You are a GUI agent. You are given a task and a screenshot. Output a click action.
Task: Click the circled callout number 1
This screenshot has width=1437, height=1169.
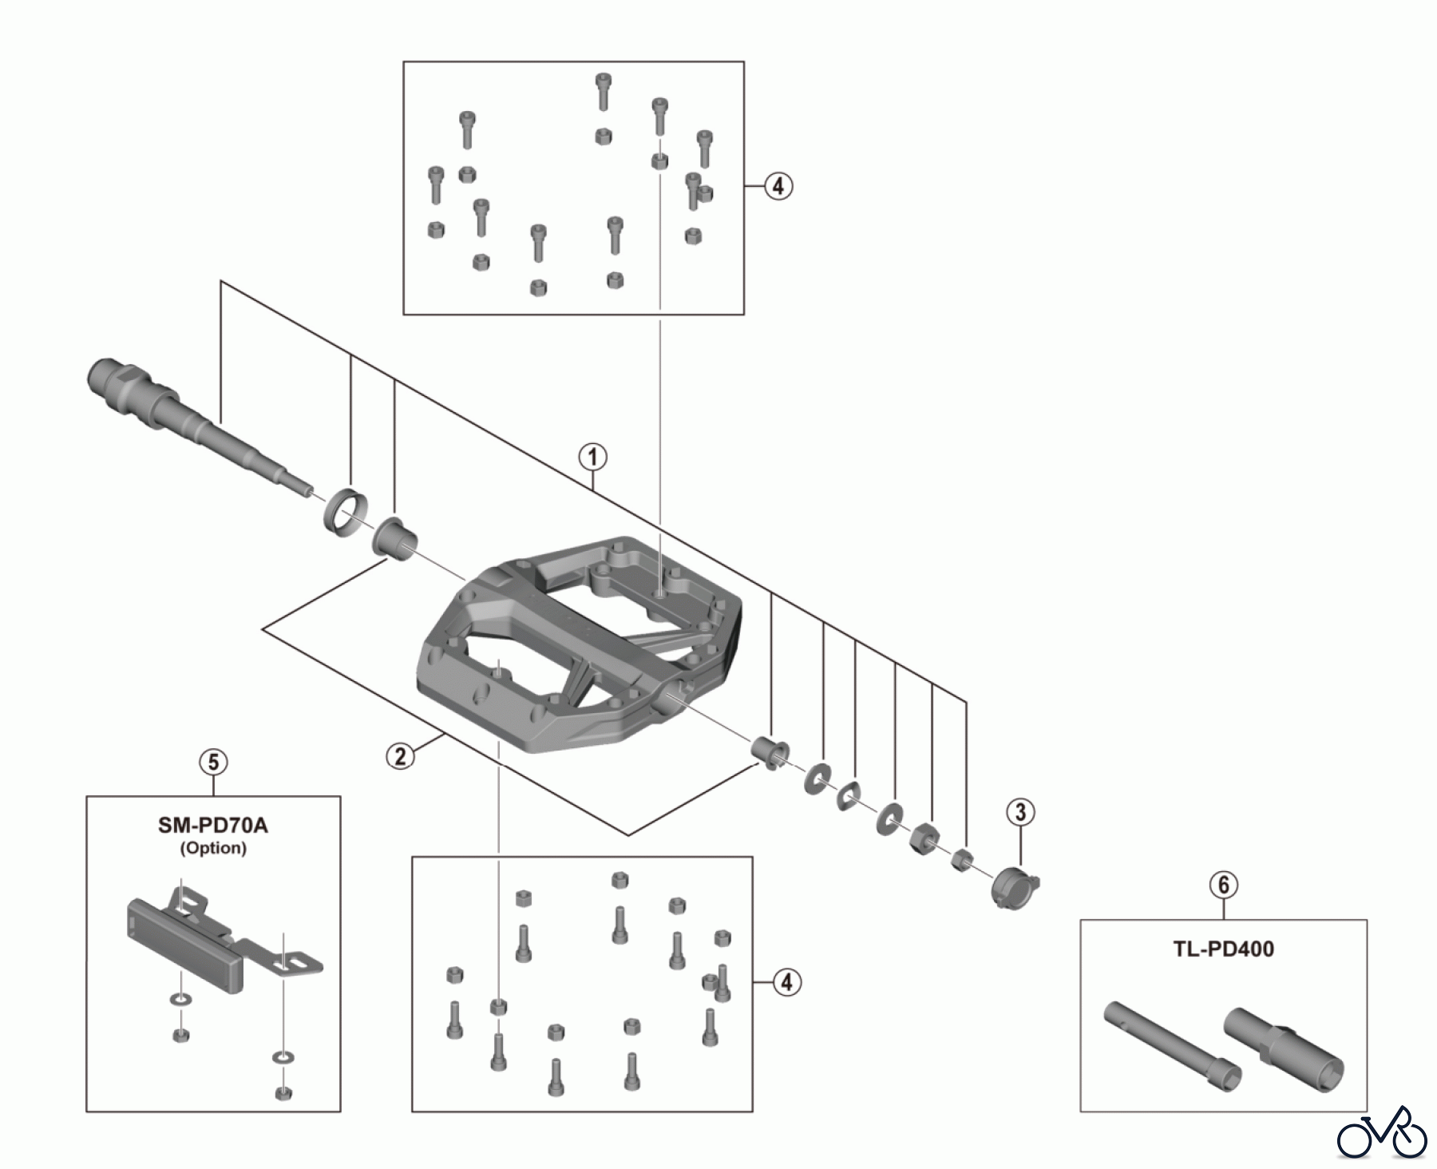tap(592, 458)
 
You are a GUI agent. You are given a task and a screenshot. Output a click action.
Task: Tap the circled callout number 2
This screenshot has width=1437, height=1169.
tap(400, 755)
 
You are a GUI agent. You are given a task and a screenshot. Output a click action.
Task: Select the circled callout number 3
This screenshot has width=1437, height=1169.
tap(1020, 813)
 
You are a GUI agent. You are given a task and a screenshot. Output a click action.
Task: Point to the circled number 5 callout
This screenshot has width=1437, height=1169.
tap(213, 763)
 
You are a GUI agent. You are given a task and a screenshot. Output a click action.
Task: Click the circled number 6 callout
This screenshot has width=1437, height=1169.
tap(1223, 885)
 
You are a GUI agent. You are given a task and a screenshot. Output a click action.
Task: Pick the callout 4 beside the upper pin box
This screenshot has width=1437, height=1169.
tap(778, 187)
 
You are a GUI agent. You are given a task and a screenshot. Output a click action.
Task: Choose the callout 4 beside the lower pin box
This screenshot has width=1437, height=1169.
tap(786, 982)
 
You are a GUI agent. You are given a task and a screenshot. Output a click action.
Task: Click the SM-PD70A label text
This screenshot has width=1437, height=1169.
tap(213, 826)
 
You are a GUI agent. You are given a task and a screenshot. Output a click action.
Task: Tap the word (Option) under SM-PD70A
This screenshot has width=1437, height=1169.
tap(213, 848)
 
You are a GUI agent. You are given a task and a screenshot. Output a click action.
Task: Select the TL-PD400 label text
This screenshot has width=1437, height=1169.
tap(1223, 949)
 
